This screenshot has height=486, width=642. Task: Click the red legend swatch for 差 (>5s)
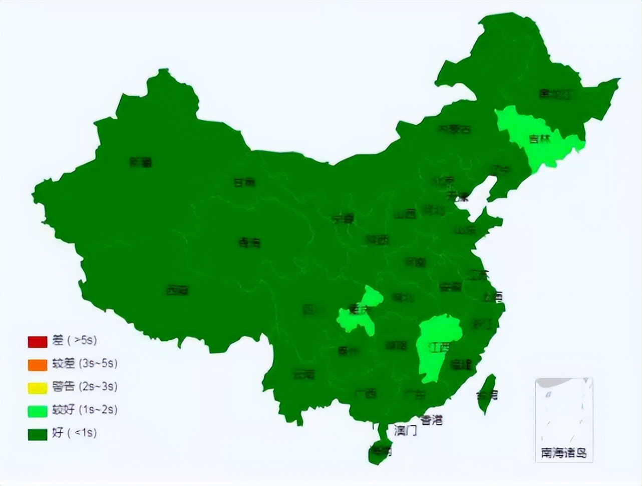pos(37,341)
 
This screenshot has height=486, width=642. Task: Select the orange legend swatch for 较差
pos(37,364)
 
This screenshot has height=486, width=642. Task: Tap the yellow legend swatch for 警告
pos(37,387)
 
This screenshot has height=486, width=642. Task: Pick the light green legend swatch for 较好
pos(37,410)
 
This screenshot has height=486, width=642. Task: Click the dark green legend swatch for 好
pos(37,433)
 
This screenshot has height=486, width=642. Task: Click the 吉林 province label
pos(539,138)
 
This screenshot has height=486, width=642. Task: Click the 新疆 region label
pos(140,162)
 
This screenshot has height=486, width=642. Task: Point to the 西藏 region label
pos(178,289)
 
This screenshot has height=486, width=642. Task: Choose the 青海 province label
pos(249,243)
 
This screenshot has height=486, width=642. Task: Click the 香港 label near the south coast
pos(431,419)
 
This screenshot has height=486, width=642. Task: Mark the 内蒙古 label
pos(455,129)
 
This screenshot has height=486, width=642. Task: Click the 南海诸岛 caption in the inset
pos(564,453)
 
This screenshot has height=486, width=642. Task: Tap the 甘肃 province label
pos(244,182)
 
